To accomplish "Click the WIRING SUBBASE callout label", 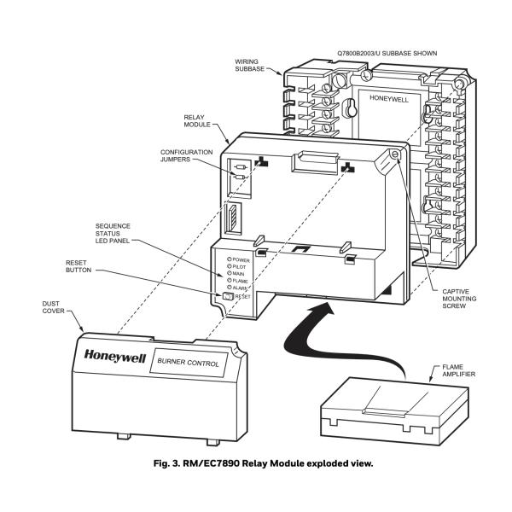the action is coord(250,66).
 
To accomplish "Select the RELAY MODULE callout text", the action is coord(197,121).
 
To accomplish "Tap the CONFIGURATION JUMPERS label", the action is coord(186,156).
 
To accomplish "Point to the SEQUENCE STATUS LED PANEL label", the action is coord(113,233).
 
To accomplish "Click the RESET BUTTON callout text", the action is coord(79,266).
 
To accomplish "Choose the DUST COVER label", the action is coord(53,307).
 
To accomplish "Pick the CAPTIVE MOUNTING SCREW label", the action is coord(459,299).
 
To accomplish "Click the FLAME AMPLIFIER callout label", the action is coord(459,370).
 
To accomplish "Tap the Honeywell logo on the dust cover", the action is coord(114,356).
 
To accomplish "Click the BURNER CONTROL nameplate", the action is coord(189,363).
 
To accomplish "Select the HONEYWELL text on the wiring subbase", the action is coord(389,98).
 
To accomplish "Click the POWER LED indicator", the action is coord(230,259).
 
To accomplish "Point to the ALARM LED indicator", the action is coord(230,287).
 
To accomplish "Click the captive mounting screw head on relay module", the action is coord(395,154).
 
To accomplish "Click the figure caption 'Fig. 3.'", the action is coord(166,463).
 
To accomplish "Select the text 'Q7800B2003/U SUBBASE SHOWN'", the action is coord(387,53).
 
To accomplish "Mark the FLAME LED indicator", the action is coord(230,280).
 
